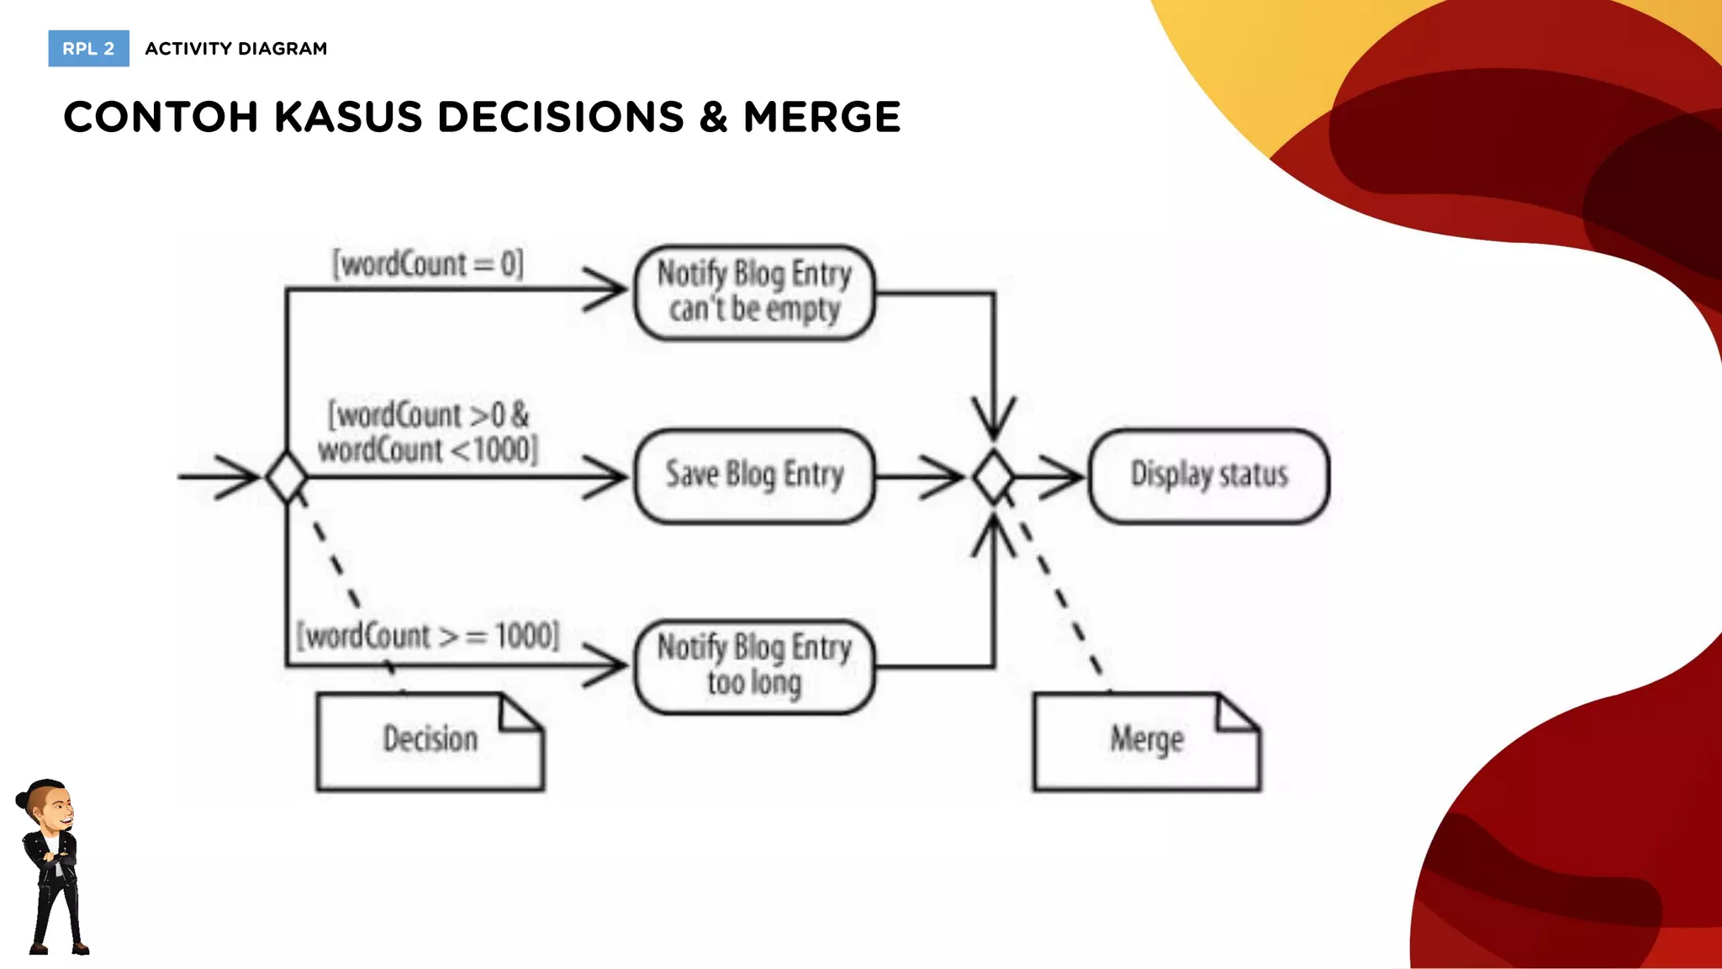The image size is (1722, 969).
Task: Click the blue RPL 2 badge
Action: [x=88, y=49]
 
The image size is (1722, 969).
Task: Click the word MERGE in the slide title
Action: [x=821, y=117]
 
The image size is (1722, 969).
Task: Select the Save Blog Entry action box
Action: [x=754, y=476]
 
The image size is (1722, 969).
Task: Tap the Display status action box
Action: [x=1208, y=476]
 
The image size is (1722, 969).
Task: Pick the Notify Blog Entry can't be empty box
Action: [x=754, y=292]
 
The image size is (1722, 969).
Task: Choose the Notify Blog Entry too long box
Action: [x=754, y=666]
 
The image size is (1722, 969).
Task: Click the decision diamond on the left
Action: [x=287, y=477]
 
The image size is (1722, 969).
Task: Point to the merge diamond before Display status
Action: [x=994, y=477]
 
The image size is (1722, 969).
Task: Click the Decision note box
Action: [x=430, y=741]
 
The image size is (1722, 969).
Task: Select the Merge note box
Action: [x=1146, y=741]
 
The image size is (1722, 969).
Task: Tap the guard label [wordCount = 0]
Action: [x=428, y=264]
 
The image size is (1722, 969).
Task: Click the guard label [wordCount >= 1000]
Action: [x=428, y=635]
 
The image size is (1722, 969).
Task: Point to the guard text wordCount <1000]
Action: [x=428, y=450]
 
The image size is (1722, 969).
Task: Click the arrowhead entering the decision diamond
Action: [x=240, y=477]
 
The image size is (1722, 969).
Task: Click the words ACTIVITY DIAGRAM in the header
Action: [x=236, y=49]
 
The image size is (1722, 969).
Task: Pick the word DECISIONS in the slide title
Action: [x=561, y=117]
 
